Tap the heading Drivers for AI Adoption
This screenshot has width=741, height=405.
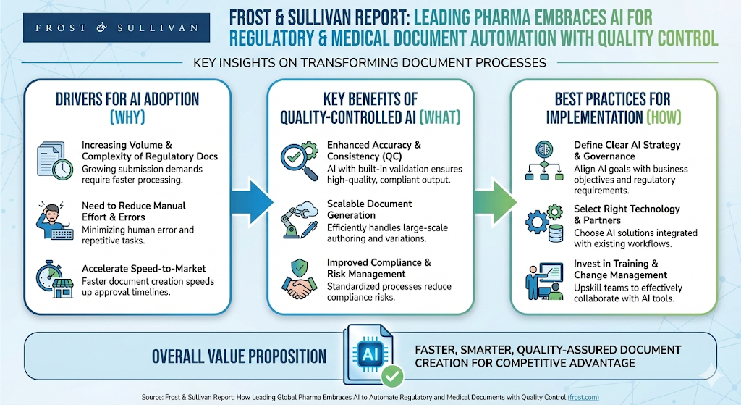coord(127,100)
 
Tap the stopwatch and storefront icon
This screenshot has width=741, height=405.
coord(54,280)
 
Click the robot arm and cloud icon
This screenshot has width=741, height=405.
coord(300,218)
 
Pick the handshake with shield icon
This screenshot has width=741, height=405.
coord(300,279)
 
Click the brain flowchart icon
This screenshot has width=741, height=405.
coord(545,161)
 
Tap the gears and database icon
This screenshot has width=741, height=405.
coord(545,222)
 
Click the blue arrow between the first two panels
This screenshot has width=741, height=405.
coord(250,200)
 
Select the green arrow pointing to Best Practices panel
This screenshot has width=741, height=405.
coord(494,200)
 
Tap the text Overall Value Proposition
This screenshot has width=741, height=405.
coord(239,356)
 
